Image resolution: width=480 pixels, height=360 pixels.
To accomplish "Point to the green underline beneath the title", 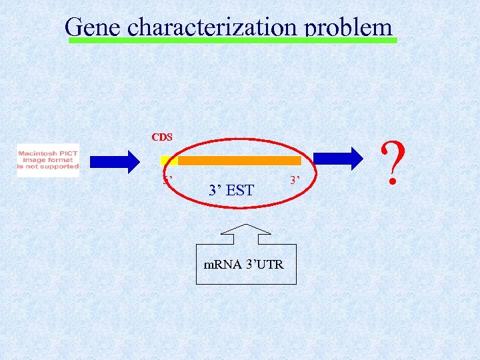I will tap(233, 41).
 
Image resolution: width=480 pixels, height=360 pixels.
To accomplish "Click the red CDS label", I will tap(162, 137).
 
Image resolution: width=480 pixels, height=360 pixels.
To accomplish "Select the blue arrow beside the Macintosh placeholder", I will tap(115, 161).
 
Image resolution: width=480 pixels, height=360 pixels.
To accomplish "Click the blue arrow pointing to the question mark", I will tap(338, 158).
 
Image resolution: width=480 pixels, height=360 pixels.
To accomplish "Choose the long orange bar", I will tap(239, 161).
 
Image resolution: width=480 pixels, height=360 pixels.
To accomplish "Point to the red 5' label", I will tap(169, 179).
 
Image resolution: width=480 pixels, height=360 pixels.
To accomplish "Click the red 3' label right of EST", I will tap(295, 179).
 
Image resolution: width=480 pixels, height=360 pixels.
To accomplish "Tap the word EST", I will tap(239, 191).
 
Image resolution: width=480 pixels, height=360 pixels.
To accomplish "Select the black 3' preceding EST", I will tap(215, 191).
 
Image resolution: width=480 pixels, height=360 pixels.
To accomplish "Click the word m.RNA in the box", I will tap(220, 265).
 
